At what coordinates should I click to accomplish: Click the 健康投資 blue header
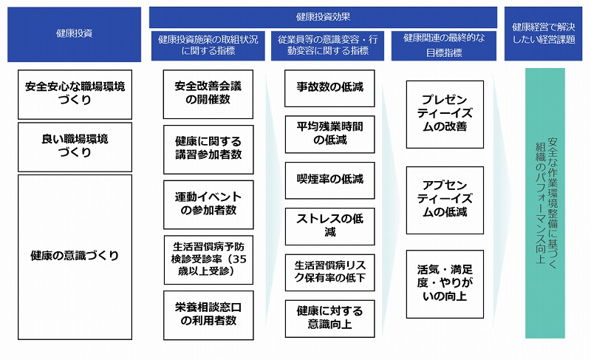point(75,34)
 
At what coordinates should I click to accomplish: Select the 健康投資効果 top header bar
point(323,17)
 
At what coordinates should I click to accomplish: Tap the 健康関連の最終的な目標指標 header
point(444,46)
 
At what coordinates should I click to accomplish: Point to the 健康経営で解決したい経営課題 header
point(543,33)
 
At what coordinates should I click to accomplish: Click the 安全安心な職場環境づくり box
point(75,94)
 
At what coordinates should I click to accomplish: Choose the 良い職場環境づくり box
point(75,147)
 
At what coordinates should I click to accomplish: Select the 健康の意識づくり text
point(75,256)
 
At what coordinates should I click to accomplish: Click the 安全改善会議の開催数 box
point(208,94)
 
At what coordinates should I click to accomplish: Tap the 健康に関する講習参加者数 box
point(208,149)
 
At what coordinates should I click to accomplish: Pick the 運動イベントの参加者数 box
point(208,205)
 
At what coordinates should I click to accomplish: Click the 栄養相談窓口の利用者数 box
point(208,315)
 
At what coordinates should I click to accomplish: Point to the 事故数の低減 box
point(329,88)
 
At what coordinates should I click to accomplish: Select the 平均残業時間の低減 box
point(329,135)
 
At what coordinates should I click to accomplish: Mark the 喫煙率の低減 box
point(329,180)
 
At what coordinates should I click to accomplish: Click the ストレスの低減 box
point(329,226)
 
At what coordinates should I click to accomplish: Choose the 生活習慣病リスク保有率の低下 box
point(329,273)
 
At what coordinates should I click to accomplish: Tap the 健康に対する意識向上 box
point(329,319)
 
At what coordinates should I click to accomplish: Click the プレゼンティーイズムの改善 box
point(445,115)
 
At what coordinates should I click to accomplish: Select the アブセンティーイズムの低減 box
point(445,200)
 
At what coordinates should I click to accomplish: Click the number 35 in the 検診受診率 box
point(239,259)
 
